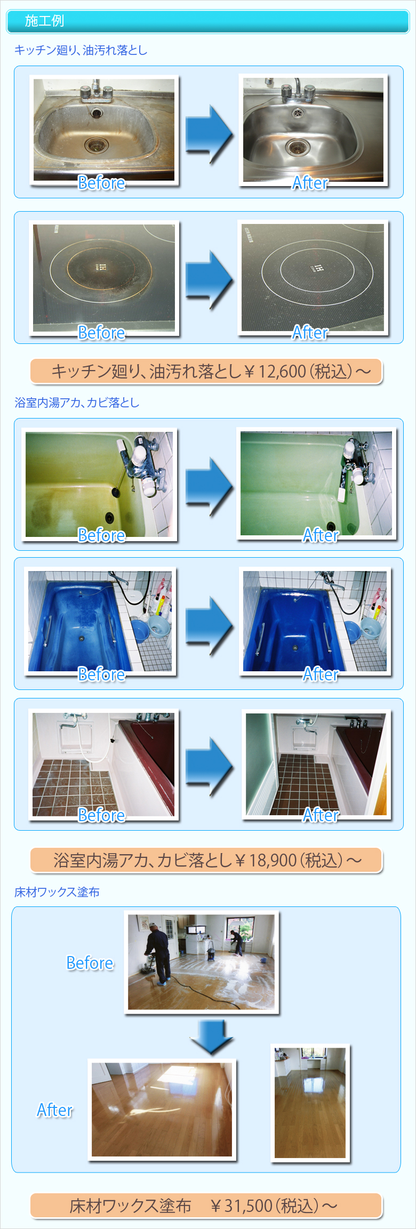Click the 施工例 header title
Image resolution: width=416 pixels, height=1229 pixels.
pos(44,21)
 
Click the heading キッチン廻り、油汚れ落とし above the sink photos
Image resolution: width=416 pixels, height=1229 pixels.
pos(81,50)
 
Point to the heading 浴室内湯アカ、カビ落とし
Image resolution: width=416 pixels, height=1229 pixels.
pos(77,403)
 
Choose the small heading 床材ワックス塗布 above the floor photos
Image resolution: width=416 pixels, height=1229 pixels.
pos(57,892)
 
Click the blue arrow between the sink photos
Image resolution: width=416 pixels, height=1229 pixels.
pos(209,134)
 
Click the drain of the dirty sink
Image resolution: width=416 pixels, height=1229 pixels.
pos(97,144)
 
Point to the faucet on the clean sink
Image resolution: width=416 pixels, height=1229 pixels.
pos(297,91)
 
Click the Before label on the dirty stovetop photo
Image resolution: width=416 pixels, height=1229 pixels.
pos(101,333)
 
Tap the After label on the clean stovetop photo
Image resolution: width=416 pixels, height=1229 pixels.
pos(310,333)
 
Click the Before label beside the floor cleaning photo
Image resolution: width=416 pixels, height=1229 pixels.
pos(90,963)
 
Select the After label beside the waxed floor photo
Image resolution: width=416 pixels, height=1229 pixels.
pos(54,1110)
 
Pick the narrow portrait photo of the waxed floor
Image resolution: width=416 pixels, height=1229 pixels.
pos(310,1102)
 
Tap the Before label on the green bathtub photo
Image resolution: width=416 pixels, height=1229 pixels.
pos(101,535)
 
